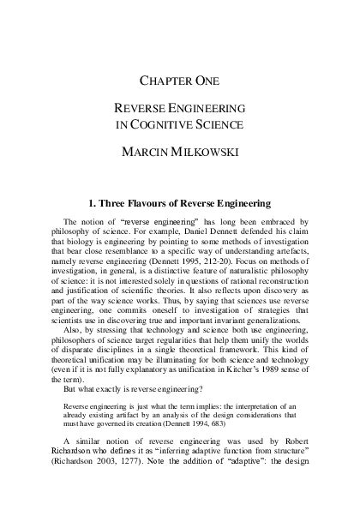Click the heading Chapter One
pos(180,81)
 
